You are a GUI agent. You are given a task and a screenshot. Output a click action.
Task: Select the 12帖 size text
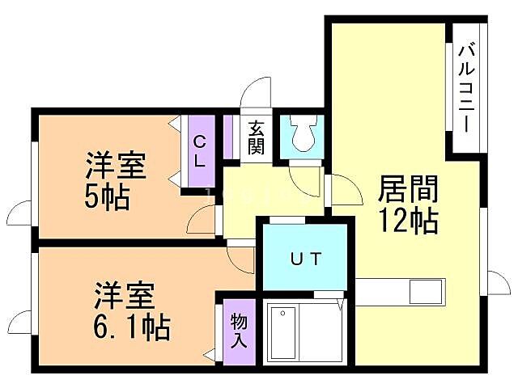409,220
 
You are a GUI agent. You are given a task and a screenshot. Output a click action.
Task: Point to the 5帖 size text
107,197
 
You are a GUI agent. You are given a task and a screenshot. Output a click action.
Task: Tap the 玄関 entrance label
257,137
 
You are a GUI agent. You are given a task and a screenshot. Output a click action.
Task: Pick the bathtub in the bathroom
283,332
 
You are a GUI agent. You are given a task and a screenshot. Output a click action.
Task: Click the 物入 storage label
238,330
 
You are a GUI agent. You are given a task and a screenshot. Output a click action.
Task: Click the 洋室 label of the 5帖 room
116,167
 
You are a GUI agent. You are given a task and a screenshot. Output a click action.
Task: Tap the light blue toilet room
301,136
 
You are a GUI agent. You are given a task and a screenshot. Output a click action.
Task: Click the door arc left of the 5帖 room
19,213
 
